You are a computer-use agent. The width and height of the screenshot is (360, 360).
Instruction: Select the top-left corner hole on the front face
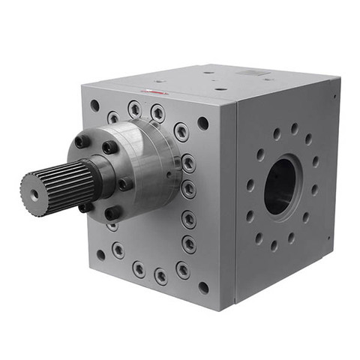click(x=94, y=106)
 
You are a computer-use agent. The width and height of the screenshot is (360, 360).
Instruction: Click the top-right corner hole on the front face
click(x=202, y=123)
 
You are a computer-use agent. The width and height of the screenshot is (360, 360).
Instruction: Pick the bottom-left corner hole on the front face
click(x=100, y=255)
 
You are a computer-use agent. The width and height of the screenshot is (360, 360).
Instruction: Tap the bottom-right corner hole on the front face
click(x=203, y=287)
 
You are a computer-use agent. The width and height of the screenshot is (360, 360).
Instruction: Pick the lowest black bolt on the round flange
click(x=113, y=214)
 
